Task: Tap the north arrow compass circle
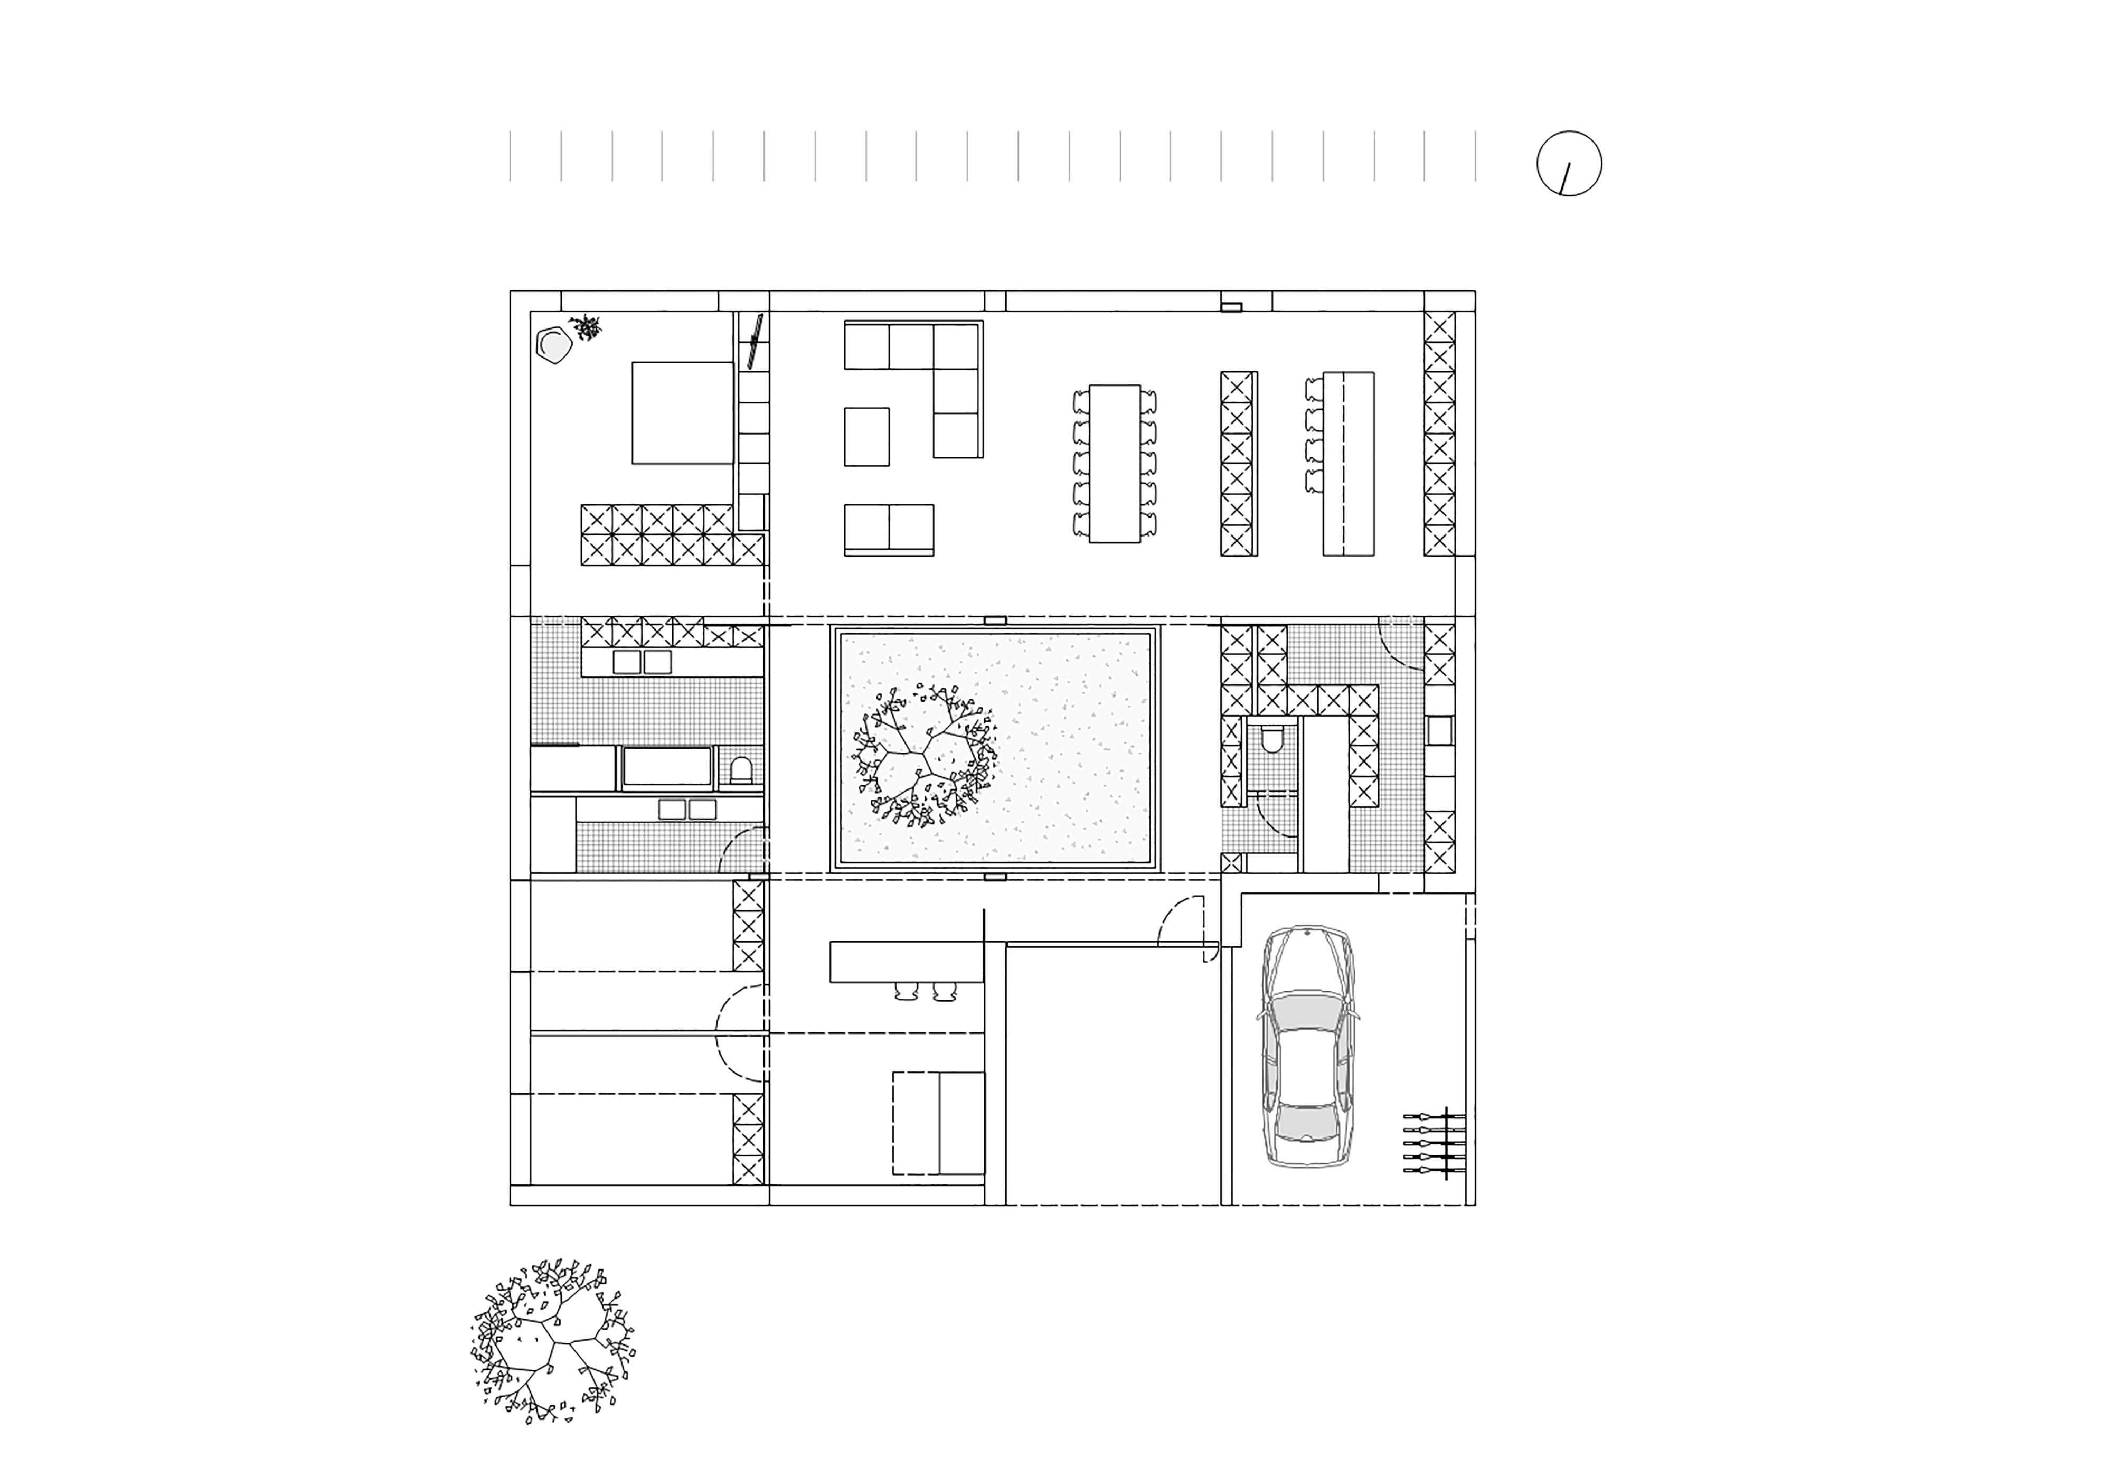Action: (x=1569, y=164)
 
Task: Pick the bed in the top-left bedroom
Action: (x=682, y=413)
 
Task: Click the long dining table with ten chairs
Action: (x=1114, y=463)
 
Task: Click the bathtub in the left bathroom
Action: (x=667, y=767)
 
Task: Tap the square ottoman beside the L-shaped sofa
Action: (x=866, y=437)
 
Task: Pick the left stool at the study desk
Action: (x=906, y=990)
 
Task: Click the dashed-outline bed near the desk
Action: (x=937, y=1122)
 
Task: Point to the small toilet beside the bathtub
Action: (x=741, y=770)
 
